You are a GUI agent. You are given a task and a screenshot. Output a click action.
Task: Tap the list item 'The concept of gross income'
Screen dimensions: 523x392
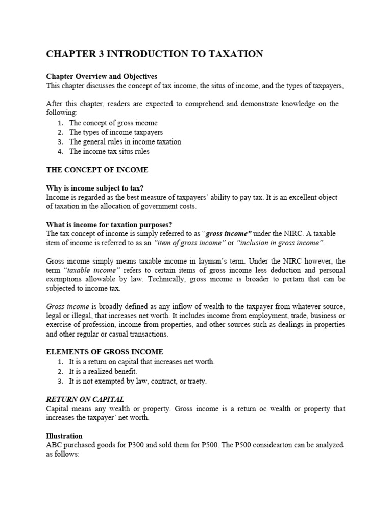[x=113, y=123]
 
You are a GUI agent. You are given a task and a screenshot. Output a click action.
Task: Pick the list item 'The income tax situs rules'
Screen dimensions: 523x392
[x=109, y=151]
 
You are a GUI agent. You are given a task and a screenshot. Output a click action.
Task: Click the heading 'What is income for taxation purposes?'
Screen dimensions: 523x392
[x=110, y=225]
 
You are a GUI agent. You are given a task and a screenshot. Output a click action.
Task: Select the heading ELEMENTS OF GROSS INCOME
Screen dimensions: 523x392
[x=105, y=352]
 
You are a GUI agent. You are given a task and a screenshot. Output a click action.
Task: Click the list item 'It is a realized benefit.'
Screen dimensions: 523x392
[x=104, y=371]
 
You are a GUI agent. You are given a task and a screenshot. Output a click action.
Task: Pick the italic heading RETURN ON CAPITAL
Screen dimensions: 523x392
[x=85, y=399]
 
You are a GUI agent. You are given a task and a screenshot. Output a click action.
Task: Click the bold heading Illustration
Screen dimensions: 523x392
[x=64, y=436]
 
